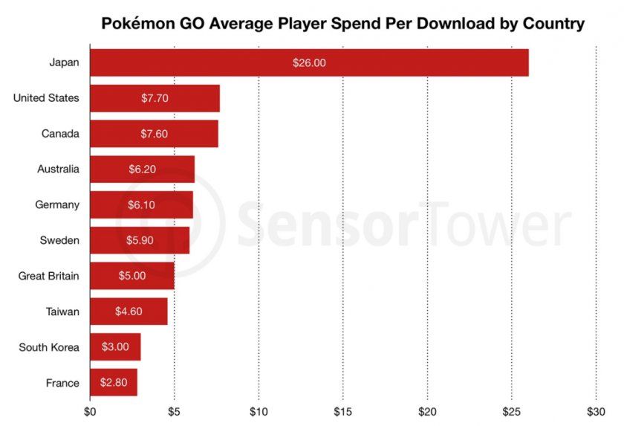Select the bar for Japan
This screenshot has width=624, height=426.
[308, 62]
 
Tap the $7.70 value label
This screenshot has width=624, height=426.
[154, 98]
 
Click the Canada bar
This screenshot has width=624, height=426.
[154, 134]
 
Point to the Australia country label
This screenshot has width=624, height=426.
[58, 170]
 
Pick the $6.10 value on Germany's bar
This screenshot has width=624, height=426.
[141, 205]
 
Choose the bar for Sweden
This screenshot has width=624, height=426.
[139, 241]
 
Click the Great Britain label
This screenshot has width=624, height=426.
[48, 277]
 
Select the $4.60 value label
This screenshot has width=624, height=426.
[129, 312]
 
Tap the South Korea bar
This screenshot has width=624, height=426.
[114, 347]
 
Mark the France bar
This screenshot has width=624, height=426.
[113, 383]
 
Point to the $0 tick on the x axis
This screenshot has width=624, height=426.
[90, 410]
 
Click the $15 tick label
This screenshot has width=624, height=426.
[342, 410]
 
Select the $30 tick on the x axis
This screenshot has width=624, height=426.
[596, 410]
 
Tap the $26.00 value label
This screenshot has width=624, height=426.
[309, 62]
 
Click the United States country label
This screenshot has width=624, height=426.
[46, 98]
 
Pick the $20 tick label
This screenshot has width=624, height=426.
[427, 410]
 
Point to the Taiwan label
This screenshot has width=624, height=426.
[62, 312]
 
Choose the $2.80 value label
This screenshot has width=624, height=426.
[114, 383]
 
